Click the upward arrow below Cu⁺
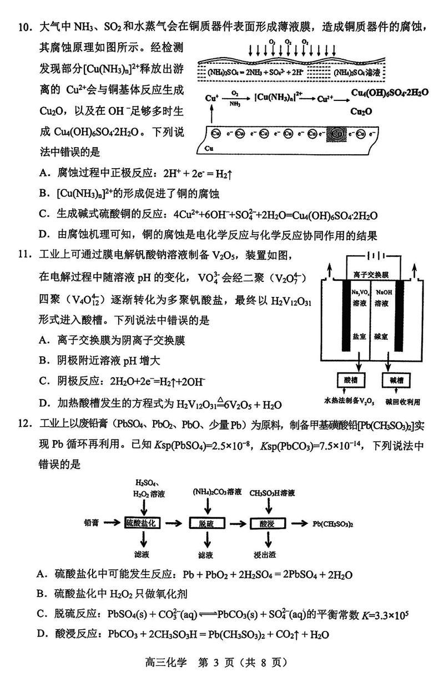[x=211, y=115]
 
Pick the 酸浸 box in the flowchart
[x=267, y=523]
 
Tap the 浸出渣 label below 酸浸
[x=267, y=554]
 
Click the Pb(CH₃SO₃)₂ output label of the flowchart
[x=334, y=523]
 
